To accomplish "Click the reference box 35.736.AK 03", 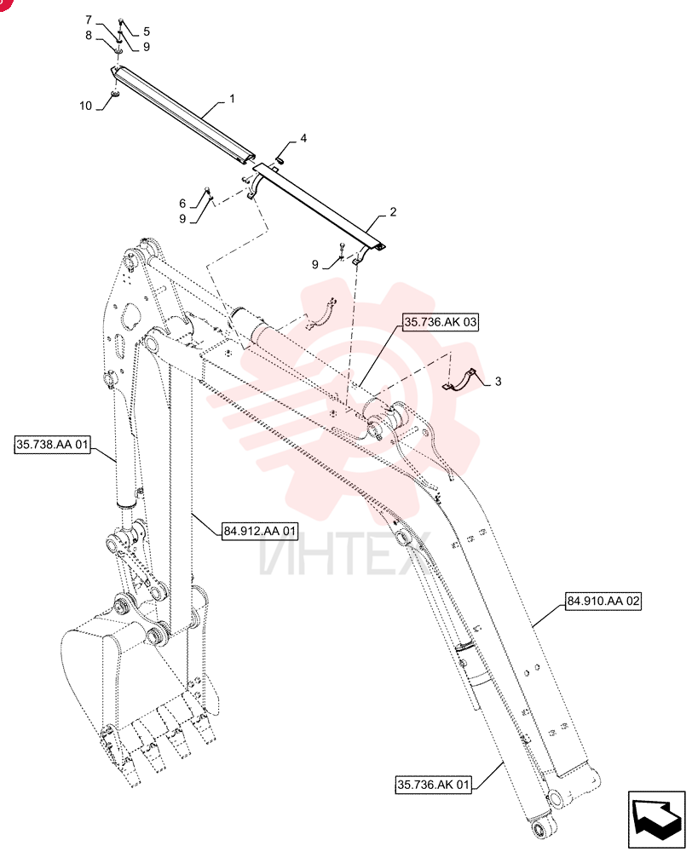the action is click(x=441, y=322).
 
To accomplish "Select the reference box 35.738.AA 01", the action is click(x=52, y=445).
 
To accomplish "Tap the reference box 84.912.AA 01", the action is click(x=260, y=531).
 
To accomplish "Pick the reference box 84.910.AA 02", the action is click(x=603, y=601).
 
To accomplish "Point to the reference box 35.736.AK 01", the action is click(x=433, y=785).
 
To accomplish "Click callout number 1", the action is click(x=233, y=99).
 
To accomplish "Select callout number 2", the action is click(x=393, y=212).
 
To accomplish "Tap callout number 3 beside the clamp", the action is click(x=498, y=382).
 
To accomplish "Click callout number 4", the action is click(x=303, y=139).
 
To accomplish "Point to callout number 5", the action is click(x=147, y=32).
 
